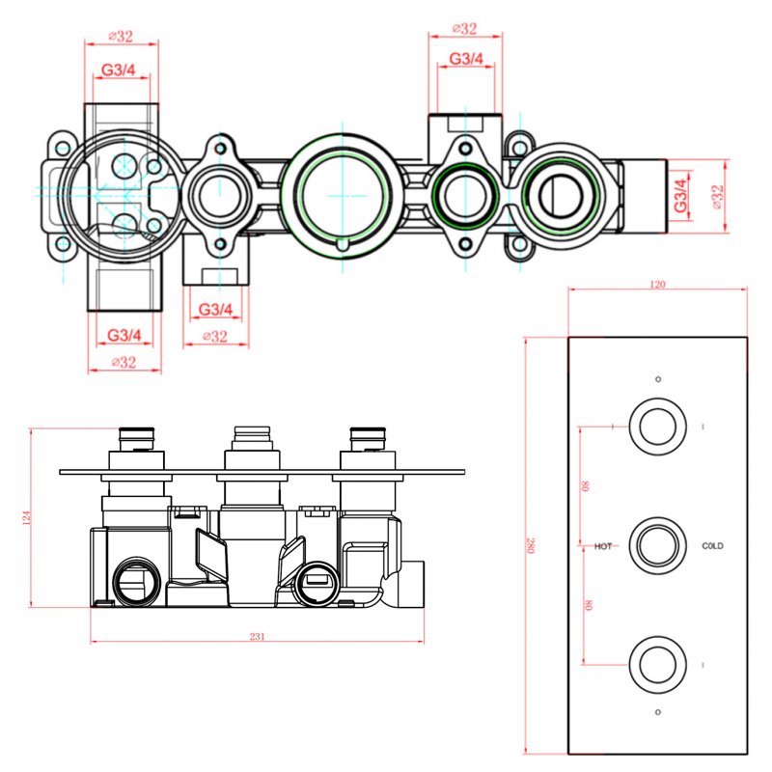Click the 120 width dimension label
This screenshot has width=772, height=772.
[658, 286]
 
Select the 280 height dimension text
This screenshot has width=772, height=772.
[531, 545]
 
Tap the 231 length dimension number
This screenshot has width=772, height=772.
[257, 636]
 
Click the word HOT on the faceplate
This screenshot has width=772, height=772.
[603, 546]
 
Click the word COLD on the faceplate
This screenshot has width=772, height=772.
[712, 546]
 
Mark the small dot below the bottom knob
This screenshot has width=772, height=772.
[657, 712]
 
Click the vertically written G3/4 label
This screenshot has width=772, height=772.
[681, 196]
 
